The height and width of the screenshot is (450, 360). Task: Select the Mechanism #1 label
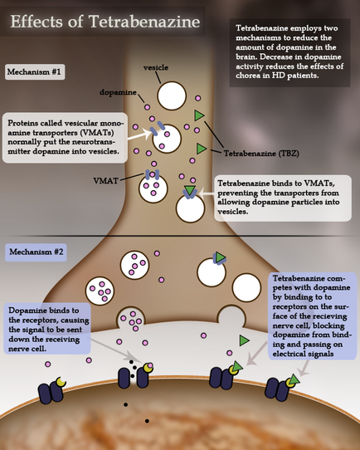[35, 72]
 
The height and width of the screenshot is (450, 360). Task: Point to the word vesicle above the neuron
[156, 67]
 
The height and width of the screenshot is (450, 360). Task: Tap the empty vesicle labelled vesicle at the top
[174, 96]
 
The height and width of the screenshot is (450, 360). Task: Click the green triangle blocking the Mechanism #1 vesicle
[190, 193]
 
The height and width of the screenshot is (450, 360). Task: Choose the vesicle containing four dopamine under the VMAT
[153, 188]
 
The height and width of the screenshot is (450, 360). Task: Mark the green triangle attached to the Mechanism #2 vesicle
[220, 258]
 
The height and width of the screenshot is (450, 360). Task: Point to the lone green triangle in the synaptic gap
[244, 340]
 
